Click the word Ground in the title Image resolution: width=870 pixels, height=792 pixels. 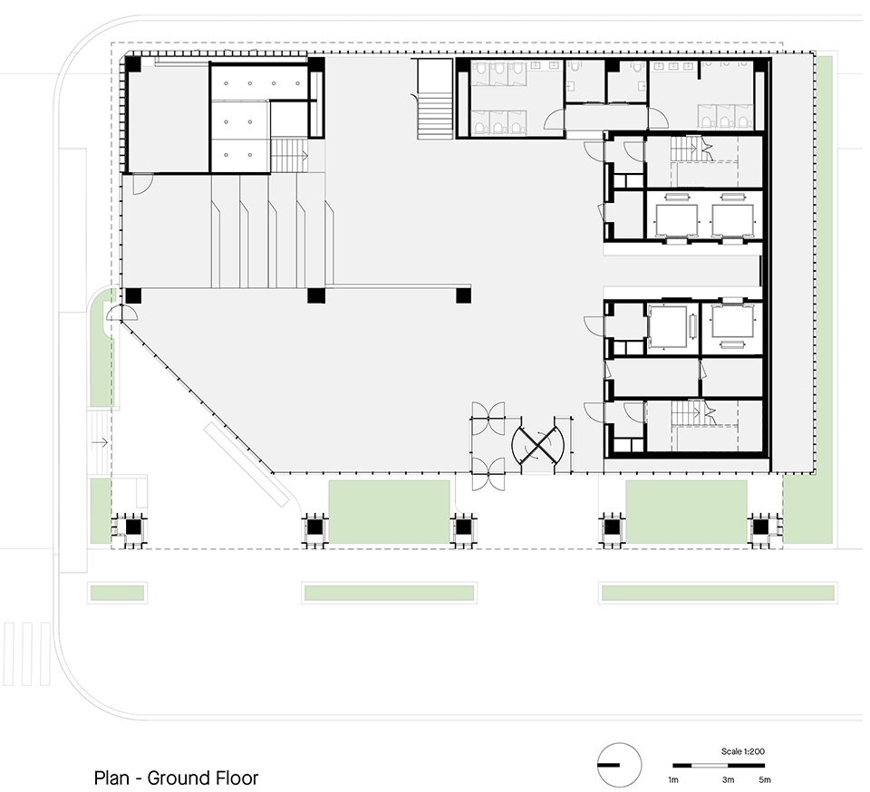[x=174, y=778]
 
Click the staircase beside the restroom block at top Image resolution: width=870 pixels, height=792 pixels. [x=436, y=99]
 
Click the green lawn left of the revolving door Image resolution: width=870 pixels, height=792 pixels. [x=389, y=511]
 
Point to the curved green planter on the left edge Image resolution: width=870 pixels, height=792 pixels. [x=103, y=347]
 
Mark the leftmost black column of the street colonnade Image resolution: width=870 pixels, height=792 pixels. [x=132, y=526]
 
